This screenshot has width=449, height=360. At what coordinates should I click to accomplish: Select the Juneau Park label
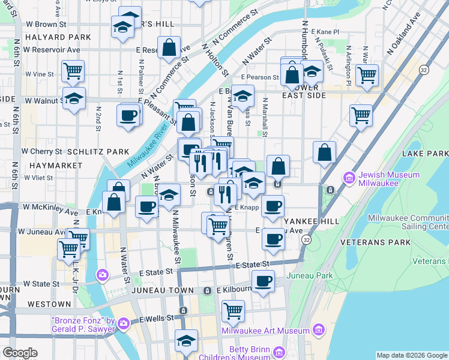pyautogui.click(x=309, y=275)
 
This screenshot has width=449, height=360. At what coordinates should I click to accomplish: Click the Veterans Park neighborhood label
pyautogui.click(x=375, y=242)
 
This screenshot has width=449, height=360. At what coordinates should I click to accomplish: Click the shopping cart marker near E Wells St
pyautogui.click(x=233, y=310)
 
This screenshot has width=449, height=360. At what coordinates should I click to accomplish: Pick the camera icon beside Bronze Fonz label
pyautogui.click(x=124, y=324)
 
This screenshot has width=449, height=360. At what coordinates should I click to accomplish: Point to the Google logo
pyautogui.click(x=20, y=353)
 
